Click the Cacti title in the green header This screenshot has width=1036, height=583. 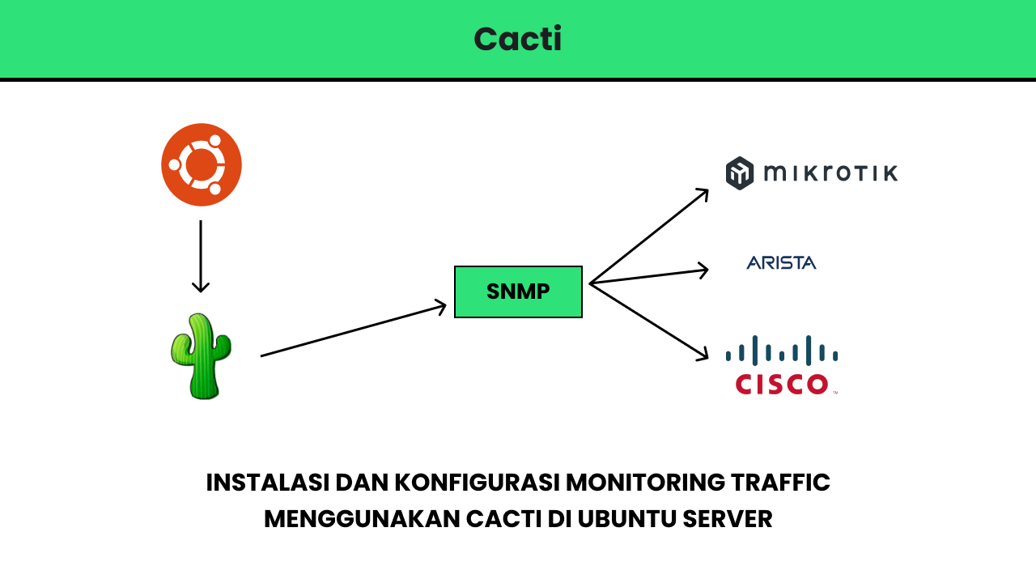tap(517, 39)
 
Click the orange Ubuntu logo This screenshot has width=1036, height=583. tap(202, 165)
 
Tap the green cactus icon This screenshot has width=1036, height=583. tap(201, 356)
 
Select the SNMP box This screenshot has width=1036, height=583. tap(518, 291)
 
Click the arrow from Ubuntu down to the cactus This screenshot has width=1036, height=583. tap(201, 255)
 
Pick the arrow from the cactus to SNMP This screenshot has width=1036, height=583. tap(353, 330)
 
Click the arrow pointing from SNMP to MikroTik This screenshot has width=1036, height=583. tap(649, 236)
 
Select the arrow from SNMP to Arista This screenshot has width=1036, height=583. tap(649, 276)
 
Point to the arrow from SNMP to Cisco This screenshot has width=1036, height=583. tap(649, 321)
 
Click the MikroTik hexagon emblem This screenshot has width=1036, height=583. tap(740, 173)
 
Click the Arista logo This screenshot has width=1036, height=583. tap(781, 262)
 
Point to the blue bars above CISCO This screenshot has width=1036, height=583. tap(781, 351)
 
